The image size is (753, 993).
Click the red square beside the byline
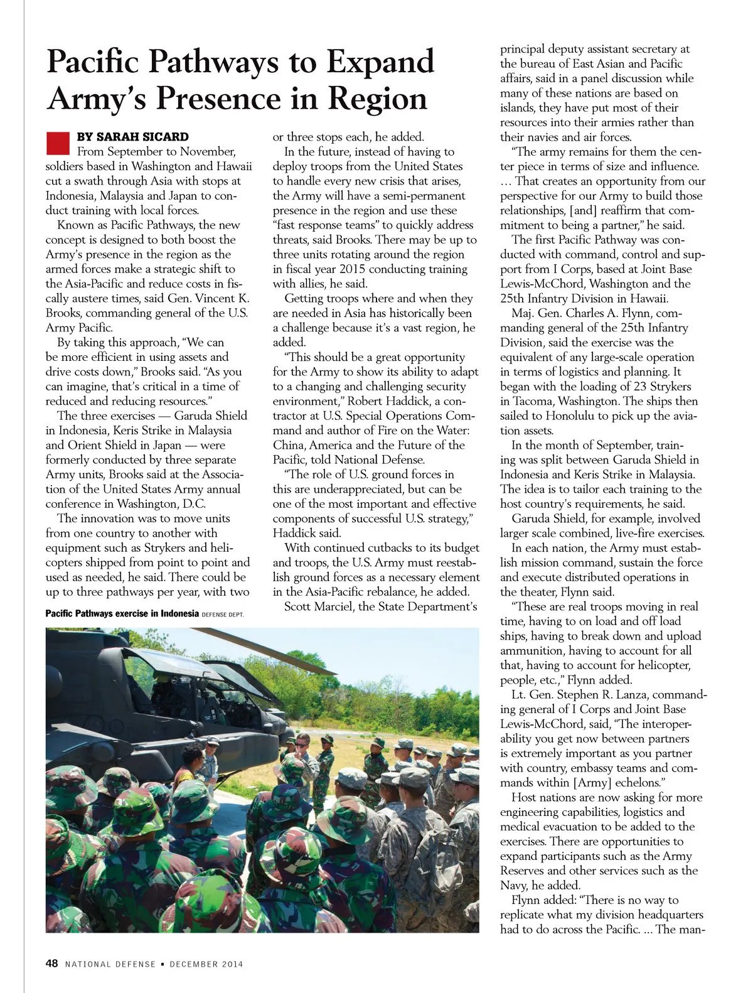pos(58,142)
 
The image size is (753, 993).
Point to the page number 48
pos(51,963)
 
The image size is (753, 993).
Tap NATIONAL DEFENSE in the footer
pos(110,964)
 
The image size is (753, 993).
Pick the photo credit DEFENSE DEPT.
pos(223,615)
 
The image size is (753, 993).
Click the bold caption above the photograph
pos(122,613)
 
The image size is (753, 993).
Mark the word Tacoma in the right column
pos(532,401)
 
